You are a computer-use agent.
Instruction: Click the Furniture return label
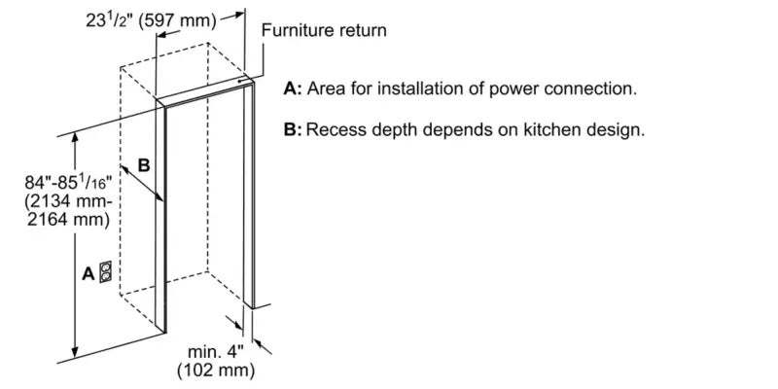click(x=324, y=30)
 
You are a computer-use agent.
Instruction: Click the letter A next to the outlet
click(x=88, y=274)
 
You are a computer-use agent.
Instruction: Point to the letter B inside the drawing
click(x=143, y=165)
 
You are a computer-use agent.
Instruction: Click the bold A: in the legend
click(x=293, y=88)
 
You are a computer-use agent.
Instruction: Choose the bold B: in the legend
click(x=292, y=129)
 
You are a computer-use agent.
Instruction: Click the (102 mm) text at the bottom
click(x=215, y=371)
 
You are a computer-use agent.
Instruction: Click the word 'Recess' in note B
click(x=334, y=129)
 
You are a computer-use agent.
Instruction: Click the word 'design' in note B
click(x=616, y=129)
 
